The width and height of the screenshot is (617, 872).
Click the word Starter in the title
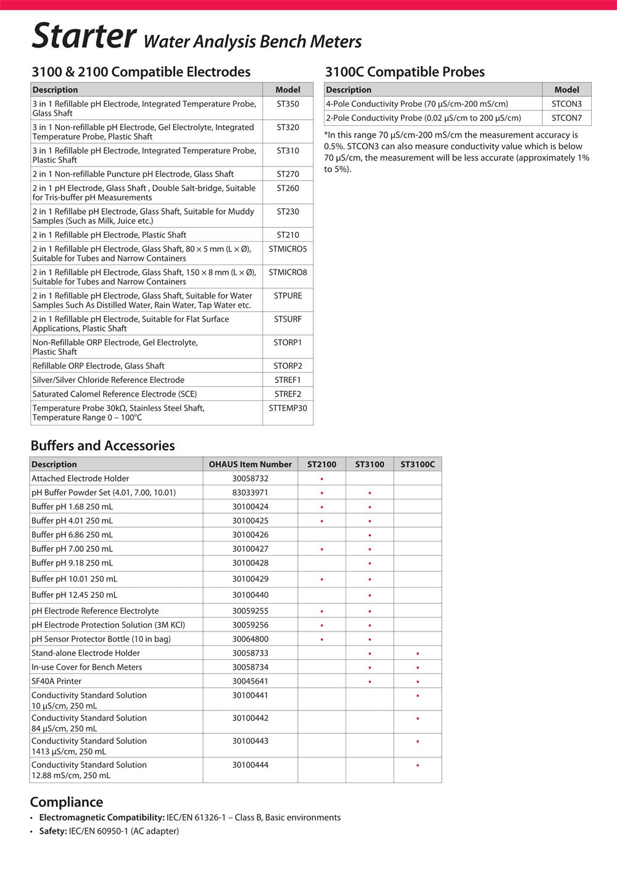tap(83, 36)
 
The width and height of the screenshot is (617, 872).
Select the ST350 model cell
tap(288, 104)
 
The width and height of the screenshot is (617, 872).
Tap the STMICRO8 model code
tap(288, 273)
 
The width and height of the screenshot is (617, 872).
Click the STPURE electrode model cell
tap(288, 296)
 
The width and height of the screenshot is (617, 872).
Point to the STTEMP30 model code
tap(288, 408)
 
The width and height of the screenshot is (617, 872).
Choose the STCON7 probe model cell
tap(566, 118)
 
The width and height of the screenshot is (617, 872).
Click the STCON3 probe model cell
tap(566, 104)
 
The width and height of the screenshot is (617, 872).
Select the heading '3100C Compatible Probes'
tap(405, 72)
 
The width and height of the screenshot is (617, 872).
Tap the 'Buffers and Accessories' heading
tap(102, 446)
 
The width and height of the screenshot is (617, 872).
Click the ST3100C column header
tap(417, 464)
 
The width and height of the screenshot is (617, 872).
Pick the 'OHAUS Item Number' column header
tap(250, 464)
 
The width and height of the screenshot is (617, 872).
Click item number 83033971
tap(250, 493)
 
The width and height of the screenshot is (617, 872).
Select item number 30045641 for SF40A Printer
tap(250, 681)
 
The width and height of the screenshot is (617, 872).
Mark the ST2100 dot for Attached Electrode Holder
tap(321, 479)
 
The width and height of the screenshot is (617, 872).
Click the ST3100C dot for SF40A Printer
tap(418, 682)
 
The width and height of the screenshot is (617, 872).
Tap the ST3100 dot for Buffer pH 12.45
tap(370, 596)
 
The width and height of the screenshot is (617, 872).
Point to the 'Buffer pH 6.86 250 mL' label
tap(72, 535)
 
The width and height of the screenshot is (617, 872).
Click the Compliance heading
tap(67, 802)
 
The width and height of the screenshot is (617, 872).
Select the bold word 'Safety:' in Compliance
tap(53, 831)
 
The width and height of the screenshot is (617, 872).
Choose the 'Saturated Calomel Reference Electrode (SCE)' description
tap(115, 394)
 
